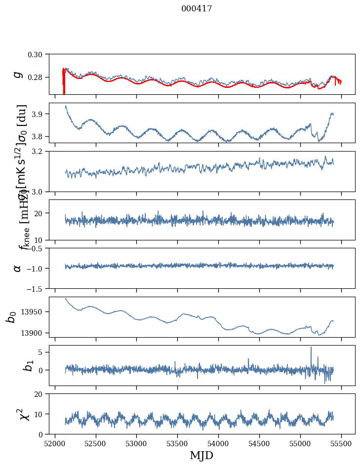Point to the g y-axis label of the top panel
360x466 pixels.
click(18, 74)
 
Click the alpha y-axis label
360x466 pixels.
click(18, 268)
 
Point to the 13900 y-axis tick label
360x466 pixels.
click(33, 333)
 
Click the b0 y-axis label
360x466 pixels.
click(11, 317)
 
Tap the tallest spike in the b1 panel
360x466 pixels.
click(311, 348)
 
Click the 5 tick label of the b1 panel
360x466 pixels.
click(43, 352)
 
